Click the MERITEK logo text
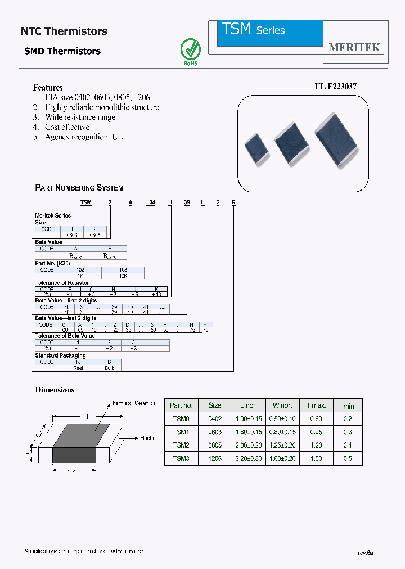click(x=354, y=47)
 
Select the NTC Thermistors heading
click(x=64, y=31)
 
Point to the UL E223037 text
click(x=335, y=87)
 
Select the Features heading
click(x=48, y=87)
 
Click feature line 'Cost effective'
click(x=67, y=127)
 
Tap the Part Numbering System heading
click(x=79, y=188)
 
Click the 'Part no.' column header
click(x=181, y=405)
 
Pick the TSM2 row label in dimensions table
click(x=181, y=445)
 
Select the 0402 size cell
click(x=215, y=419)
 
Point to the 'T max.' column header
click(x=316, y=405)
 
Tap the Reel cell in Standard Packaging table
click(x=78, y=368)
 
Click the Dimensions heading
click(x=55, y=390)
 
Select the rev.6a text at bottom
click(x=365, y=553)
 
